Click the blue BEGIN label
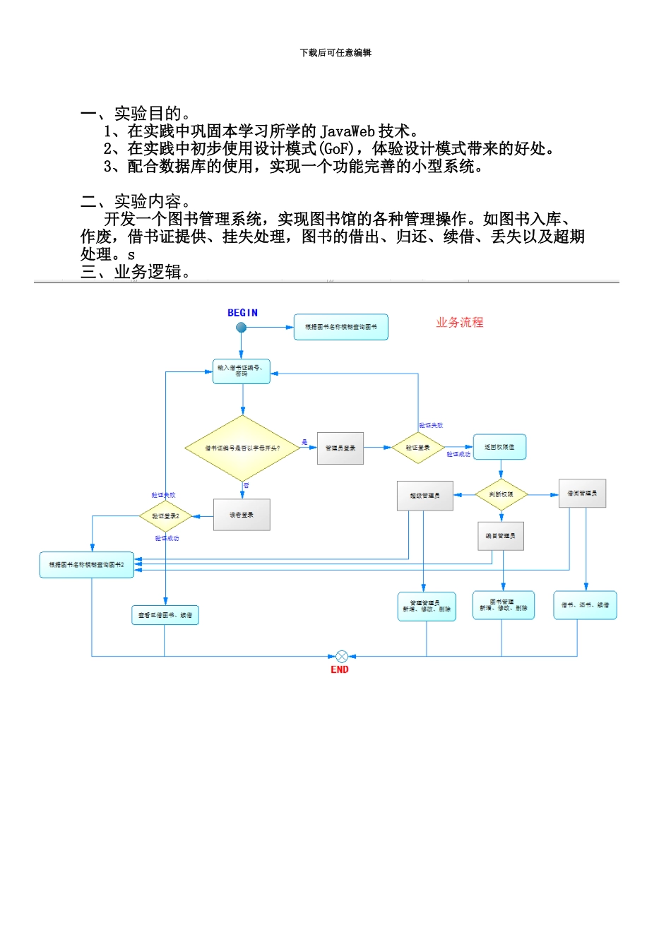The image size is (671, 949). [242, 313]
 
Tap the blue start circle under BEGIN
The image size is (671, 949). [241, 328]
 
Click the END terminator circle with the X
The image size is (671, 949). [342, 657]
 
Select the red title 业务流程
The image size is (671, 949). [460, 323]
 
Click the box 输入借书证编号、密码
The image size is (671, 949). [242, 371]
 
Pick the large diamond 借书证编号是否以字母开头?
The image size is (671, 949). [242, 448]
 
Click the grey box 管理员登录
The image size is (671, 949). [340, 448]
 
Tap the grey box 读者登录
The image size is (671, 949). [242, 515]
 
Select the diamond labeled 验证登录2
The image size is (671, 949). [166, 517]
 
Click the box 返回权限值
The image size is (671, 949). [499, 448]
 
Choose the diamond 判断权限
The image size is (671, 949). [501, 495]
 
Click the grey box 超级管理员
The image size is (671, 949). [424, 496]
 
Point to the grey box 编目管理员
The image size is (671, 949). [501, 537]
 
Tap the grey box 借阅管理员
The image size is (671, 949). [582, 494]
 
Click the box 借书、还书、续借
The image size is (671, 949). [585, 606]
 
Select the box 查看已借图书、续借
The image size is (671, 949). [165, 616]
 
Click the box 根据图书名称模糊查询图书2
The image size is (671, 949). [87, 566]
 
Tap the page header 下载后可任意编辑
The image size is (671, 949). [335, 53]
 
